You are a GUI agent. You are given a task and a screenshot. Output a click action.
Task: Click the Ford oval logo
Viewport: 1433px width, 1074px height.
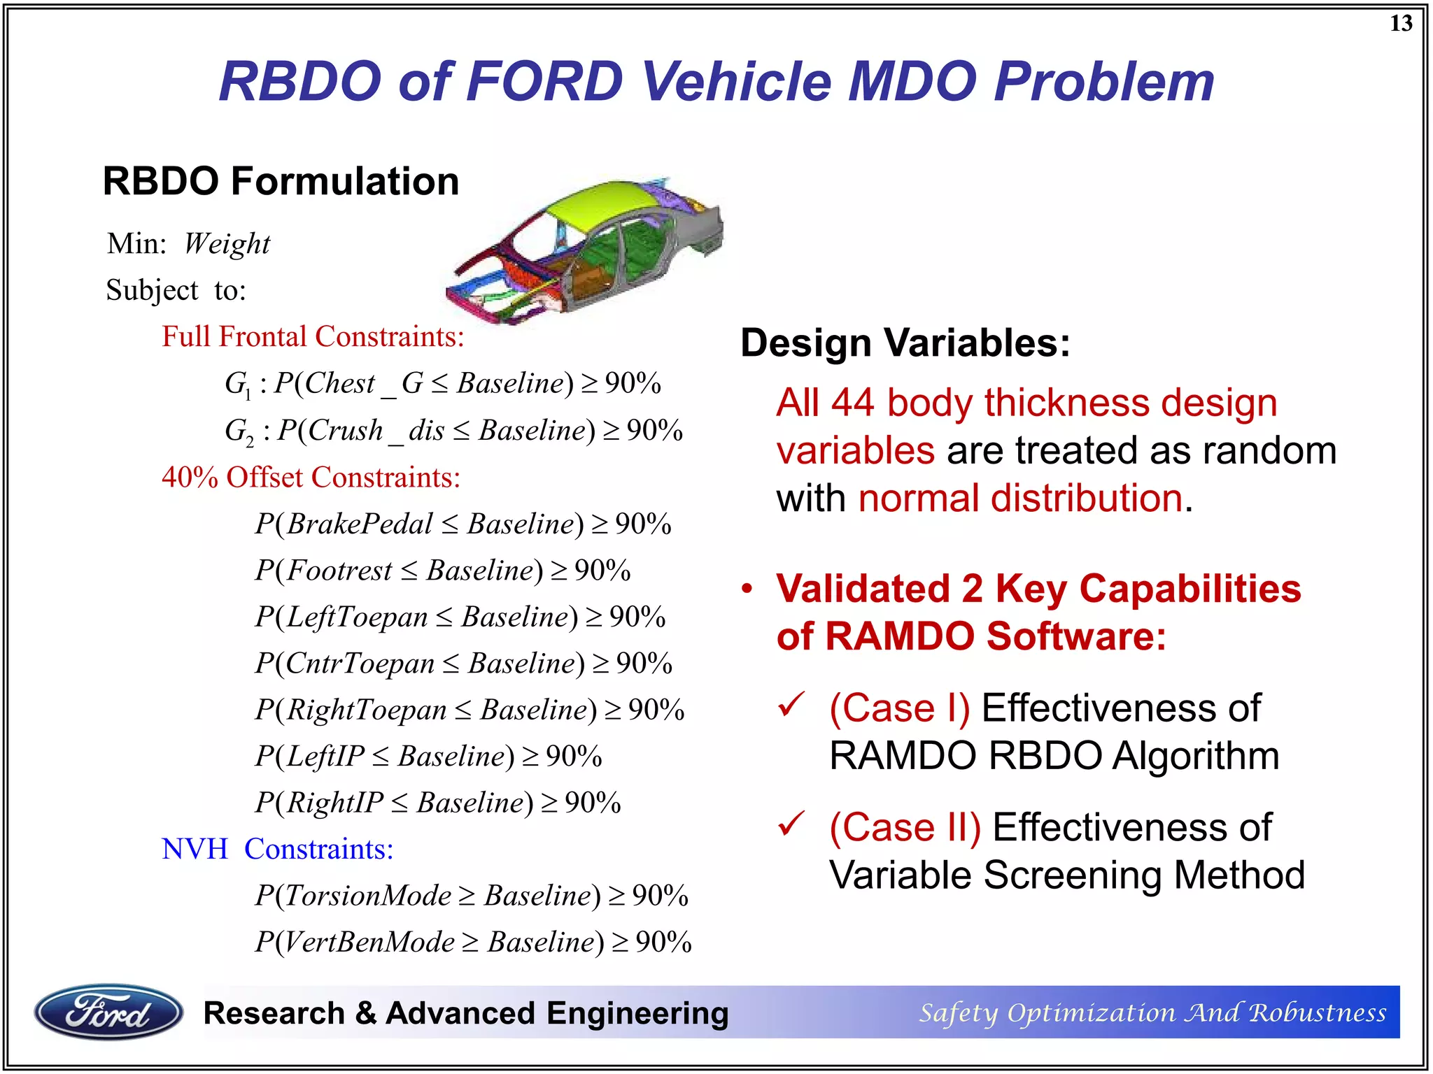click(108, 1012)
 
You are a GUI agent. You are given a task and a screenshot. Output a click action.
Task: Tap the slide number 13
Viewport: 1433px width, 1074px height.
click(1401, 24)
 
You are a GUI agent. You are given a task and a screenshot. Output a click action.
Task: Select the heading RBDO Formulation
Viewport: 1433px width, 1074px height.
click(281, 181)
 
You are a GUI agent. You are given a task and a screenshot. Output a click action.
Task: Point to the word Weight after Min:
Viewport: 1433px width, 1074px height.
click(227, 244)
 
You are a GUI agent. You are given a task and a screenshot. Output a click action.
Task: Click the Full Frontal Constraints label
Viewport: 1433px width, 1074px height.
click(313, 336)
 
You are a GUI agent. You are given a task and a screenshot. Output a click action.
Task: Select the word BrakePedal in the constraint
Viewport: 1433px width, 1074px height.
click(360, 524)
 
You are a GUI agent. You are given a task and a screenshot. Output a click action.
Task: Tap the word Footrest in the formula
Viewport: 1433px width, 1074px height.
click(339, 571)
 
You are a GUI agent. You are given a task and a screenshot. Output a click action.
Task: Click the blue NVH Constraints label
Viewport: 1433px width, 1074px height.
click(277, 849)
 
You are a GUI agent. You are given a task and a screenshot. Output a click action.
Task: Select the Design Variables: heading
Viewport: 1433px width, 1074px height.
click(905, 343)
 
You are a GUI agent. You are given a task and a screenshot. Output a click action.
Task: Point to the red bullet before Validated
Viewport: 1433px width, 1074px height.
click(747, 589)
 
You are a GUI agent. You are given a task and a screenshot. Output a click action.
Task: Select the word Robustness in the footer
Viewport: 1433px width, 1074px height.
click(1318, 1012)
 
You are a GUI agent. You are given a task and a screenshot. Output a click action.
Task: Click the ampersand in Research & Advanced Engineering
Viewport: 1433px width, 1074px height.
click(365, 1013)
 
